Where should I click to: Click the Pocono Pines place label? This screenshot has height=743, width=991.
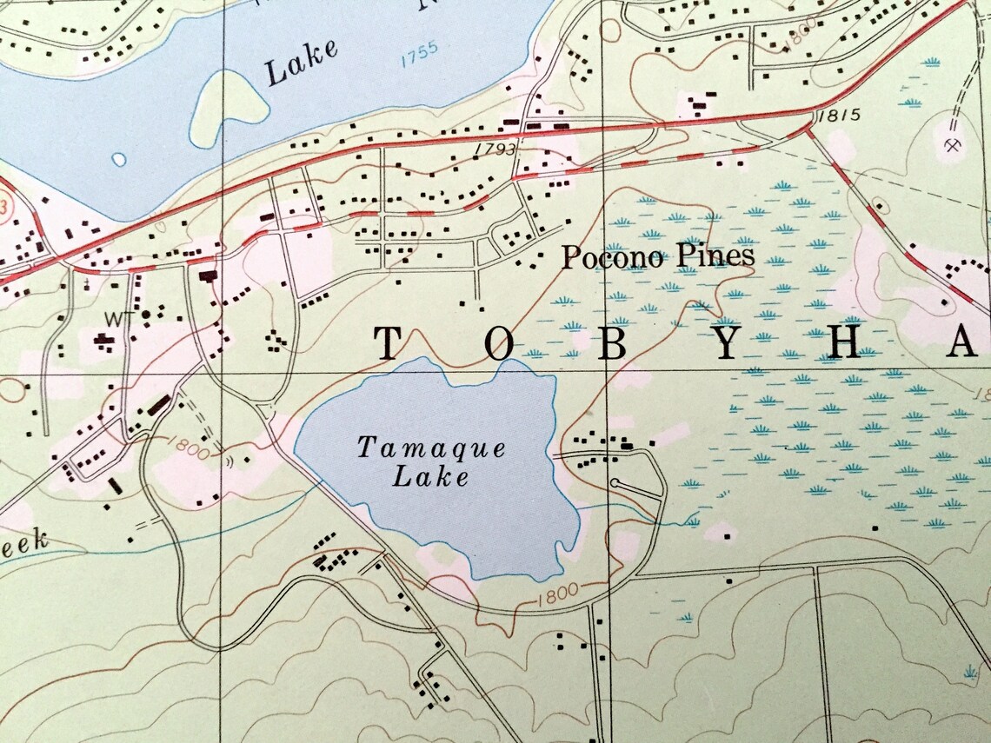[x=657, y=256]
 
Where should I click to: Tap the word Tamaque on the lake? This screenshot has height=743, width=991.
[x=432, y=449]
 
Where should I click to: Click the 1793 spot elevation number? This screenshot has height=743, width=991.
[x=495, y=149]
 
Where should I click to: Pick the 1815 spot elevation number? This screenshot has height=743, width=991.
[x=838, y=115]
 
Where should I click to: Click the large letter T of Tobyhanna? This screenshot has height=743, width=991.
[x=388, y=344]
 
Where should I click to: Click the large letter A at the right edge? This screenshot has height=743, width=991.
[x=962, y=345]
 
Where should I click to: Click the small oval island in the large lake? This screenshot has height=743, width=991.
[x=119, y=160]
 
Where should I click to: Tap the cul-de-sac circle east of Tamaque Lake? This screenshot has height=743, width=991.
[x=615, y=482]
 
